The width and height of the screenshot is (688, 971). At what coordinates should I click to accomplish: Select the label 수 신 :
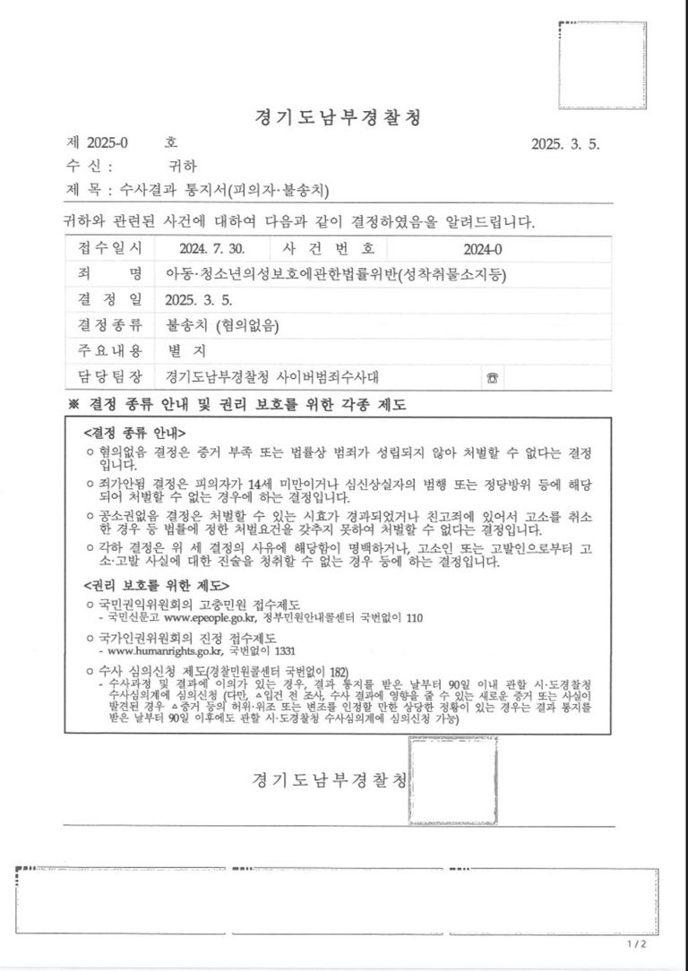click(90, 166)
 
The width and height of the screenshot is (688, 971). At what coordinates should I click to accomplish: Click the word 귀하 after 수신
click(182, 166)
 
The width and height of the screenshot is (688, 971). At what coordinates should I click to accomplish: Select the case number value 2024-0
click(484, 249)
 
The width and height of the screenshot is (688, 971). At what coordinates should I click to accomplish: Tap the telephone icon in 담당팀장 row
click(493, 377)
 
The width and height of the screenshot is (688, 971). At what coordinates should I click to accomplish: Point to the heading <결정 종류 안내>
click(134, 432)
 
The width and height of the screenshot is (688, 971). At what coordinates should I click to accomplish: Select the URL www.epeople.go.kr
click(211, 617)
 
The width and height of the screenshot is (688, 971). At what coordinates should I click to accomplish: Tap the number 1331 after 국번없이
click(283, 651)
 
